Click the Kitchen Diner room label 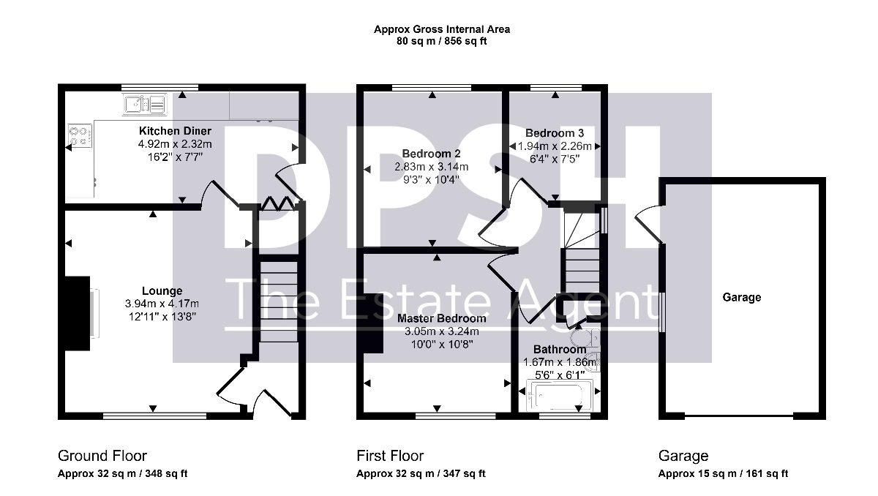175,130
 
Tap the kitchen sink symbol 145,104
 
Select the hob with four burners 80,135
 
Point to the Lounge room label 162,290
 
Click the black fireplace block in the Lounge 78,313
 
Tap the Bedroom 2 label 431,153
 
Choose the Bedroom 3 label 555,133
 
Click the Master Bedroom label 441,318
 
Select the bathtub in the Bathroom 559,396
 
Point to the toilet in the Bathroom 585,338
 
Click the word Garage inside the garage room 742,297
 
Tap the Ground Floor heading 102,456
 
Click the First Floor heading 390,456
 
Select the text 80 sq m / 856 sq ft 441,41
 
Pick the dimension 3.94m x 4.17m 162,304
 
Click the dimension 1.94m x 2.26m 555,146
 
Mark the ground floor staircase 279,301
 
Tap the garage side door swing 648,224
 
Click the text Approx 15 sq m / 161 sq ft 723,473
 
